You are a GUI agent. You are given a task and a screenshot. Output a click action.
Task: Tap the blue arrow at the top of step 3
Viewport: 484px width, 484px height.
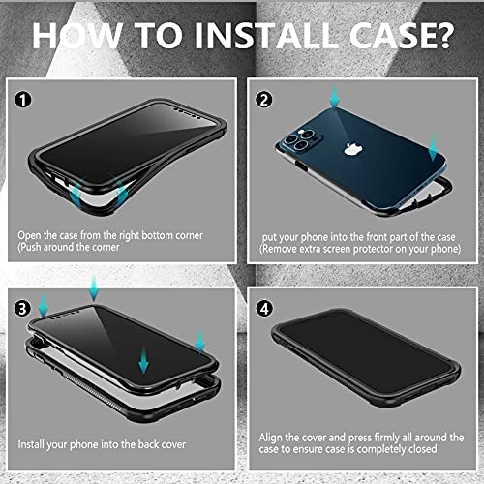click(92, 287)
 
